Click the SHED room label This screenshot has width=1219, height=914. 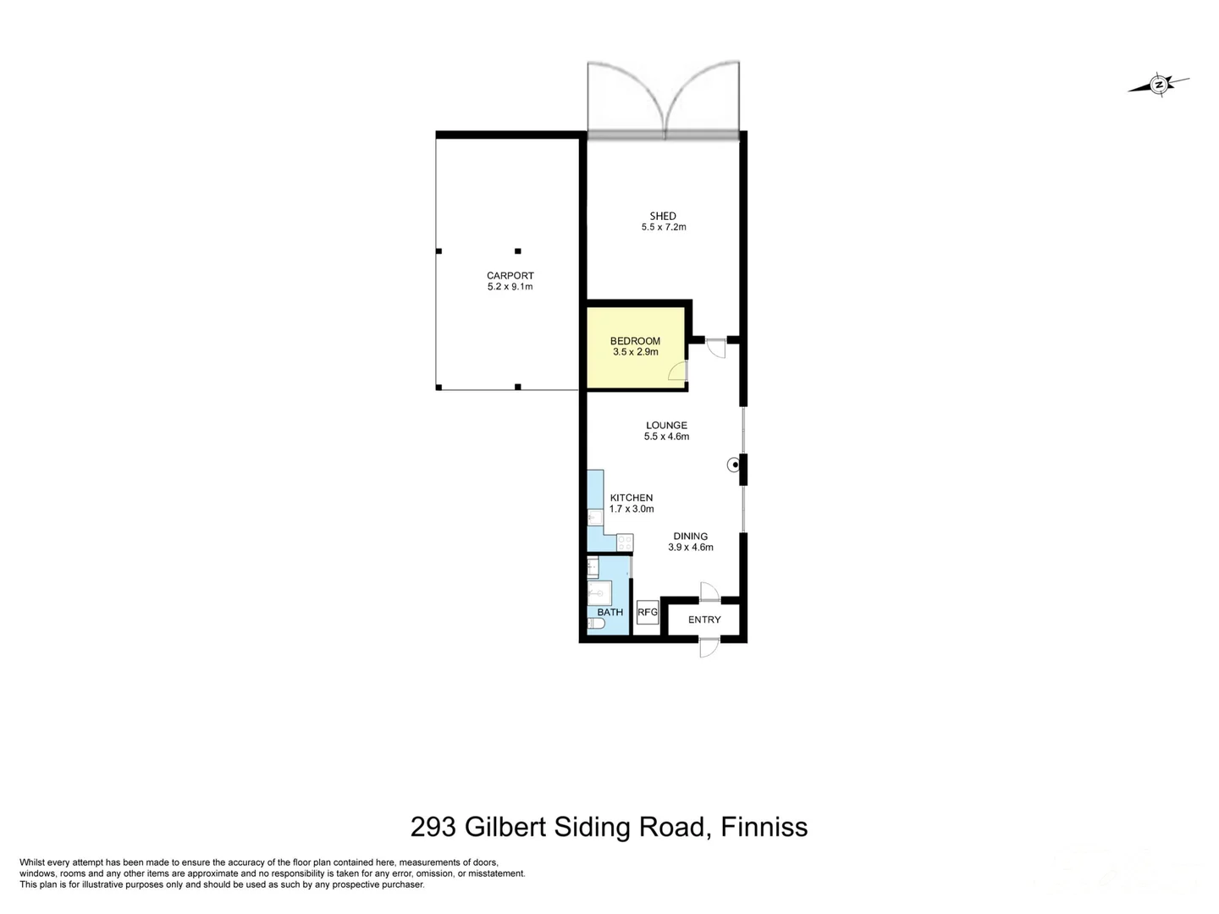pyautogui.click(x=663, y=216)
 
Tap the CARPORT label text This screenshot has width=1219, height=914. pyautogui.click(x=510, y=275)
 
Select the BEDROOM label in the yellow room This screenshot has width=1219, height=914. pyautogui.click(x=635, y=341)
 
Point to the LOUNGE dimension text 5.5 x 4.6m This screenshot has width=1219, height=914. pyautogui.click(x=666, y=437)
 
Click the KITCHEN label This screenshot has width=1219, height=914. pyautogui.click(x=632, y=498)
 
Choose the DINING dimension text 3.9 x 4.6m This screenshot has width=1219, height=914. pyautogui.click(x=690, y=548)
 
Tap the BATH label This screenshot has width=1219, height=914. pyautogui.click(x=609, y=612)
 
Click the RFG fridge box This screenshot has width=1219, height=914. pyautogui.click(x=647, y=612)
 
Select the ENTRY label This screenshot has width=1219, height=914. pyautogui.click(x=704, y=619)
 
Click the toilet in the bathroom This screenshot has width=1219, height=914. pyautogui.click(x=596, y=625)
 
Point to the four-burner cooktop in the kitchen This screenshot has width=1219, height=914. pyautogui.click(x=625, y=542)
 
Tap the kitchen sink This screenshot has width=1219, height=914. pyautogui.click(x=594, y=517)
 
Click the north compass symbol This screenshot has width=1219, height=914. pyautogui.click(x=1159, y=85)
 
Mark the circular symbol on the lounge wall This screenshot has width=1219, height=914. pyautogui.click(x=732, y=464)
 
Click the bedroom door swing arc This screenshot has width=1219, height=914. pyautogui.click(x=677, y=370)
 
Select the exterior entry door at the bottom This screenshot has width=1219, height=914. pyautogui.click(x=709, y=647)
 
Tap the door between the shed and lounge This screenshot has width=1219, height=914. pyautogui.click(x=716, y=347)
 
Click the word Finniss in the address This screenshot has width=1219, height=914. pyautogui.click(x=764, y=826)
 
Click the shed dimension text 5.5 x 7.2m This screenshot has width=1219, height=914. pyautogui.click(x=663, y=227)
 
